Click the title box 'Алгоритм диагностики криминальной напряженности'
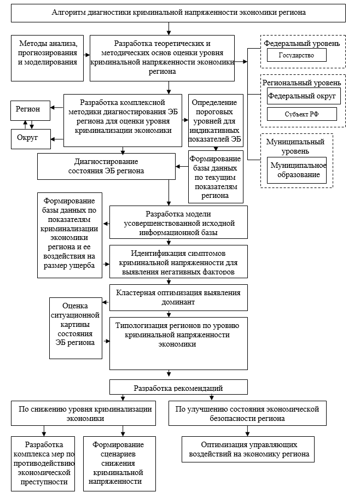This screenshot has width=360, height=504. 178,11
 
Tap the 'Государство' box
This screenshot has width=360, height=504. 297,55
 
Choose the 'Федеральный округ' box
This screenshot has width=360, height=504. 304,96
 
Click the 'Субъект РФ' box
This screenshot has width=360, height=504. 301,114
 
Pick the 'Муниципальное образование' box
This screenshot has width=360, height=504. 296,171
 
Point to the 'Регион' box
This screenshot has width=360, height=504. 31,109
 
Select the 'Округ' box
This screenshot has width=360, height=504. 31,138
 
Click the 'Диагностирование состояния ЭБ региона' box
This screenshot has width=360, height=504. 106,166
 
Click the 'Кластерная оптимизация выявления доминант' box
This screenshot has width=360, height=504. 178,297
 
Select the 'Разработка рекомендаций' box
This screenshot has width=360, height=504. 178,388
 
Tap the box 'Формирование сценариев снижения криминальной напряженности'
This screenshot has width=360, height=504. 118,463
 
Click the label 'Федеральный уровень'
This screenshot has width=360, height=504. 302,43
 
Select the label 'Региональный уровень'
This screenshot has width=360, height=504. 302,83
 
